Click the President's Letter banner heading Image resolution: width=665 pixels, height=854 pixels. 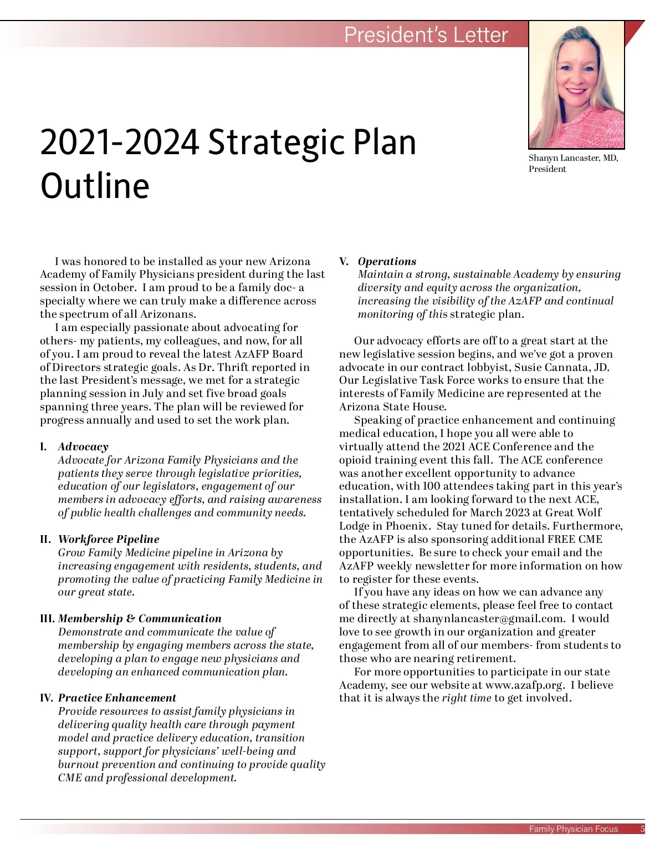click(x=426, y=35)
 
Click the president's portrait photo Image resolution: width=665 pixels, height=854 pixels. click(x=576, y=85)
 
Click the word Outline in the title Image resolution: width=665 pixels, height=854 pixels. click(x=95, y=186)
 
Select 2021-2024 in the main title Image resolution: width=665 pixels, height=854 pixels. click(x=119, y=142)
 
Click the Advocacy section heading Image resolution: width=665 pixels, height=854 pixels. click(x=83, y=446)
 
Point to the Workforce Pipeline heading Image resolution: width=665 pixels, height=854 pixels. click(x=109, y=539)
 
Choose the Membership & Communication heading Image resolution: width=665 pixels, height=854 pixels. click(x=140, y=618)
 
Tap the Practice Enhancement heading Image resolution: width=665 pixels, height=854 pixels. click(x=117, y=698)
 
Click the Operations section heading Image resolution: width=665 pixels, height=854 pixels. click(x=387, y=261)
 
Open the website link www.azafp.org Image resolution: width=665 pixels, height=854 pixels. click(x=524, y=685)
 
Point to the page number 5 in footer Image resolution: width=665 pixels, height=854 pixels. click(x=642, y=829)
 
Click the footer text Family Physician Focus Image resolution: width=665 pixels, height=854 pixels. click(x=573, y=829)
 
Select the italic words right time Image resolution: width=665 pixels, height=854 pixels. click(x=466, y=698)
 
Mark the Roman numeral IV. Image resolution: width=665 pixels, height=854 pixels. click(x=47, y=698)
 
